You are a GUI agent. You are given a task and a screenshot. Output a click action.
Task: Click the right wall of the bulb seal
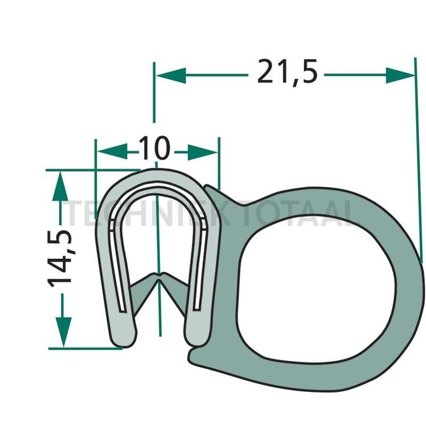click(409, 282)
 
